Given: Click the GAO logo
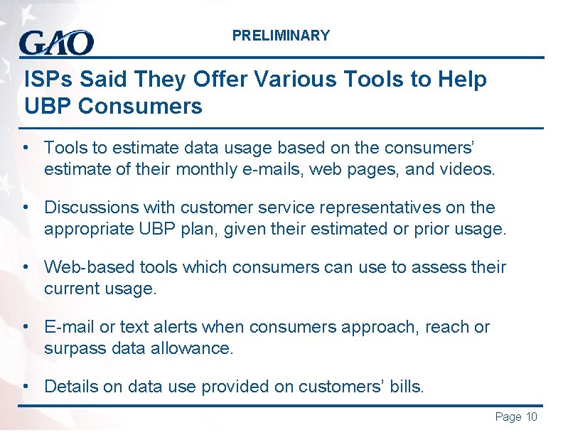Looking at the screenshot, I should tap(56, 43).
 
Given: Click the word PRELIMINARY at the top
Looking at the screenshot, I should tap(281, 36).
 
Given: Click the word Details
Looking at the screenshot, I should tap(70, 387).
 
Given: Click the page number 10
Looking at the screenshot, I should tap(531, 417).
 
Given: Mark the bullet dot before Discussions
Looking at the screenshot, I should tap(26, 208).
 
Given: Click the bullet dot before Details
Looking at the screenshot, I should tap(26, 387).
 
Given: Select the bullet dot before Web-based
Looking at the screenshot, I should tap(26, 267).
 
